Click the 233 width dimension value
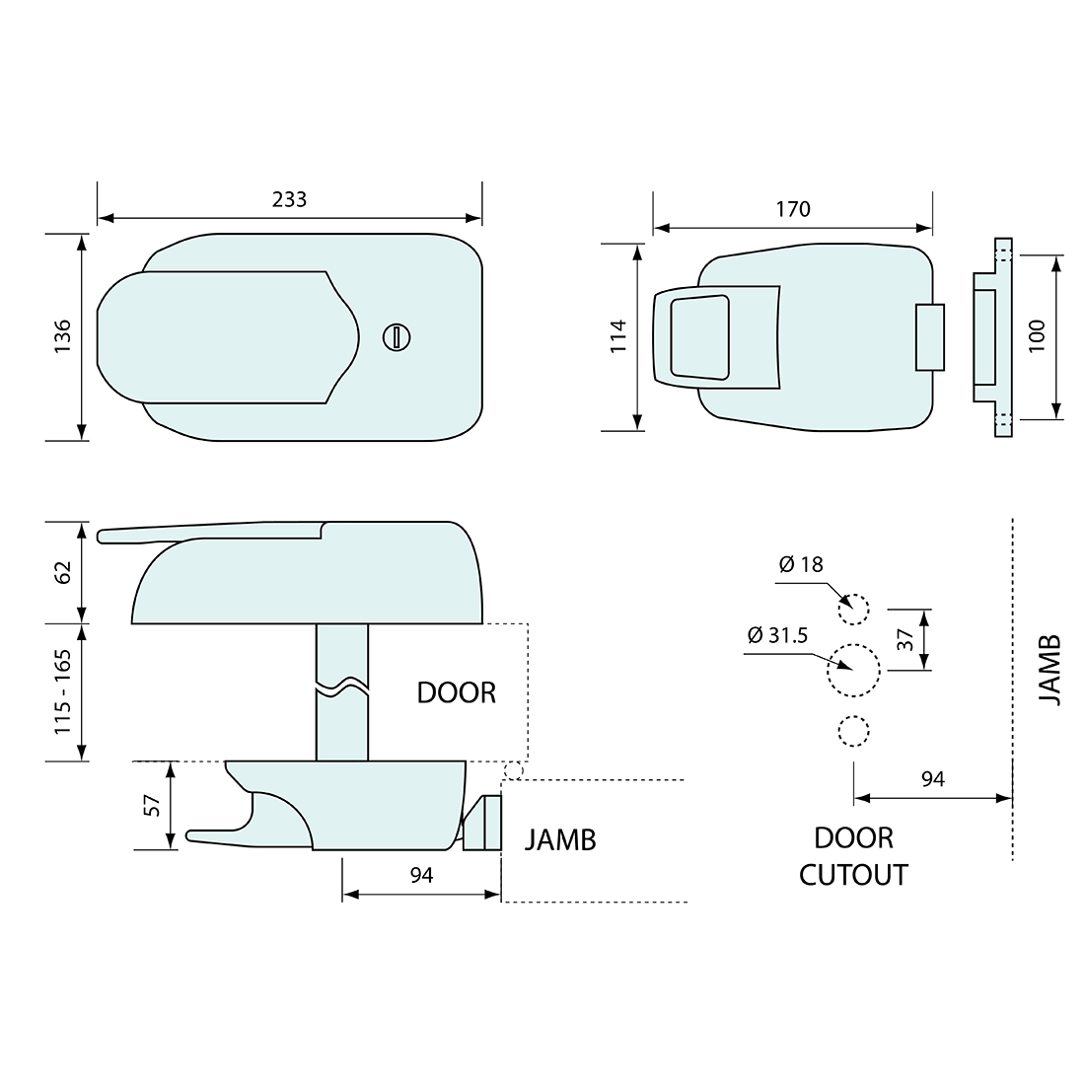(x=289, y=199)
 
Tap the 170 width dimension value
(x=793, y=209)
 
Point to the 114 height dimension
(x=619, y=337)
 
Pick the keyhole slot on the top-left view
(x=396, y=337)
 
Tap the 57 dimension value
(x=152, y=805)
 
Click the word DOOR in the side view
(x=456, y=692)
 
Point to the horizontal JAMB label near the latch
(x=560, y=839)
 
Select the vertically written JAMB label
(x=1050, y=670)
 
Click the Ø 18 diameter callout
(x=800, y=565)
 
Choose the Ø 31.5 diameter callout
(x=778, y=636)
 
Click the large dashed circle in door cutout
(x=852, y=671)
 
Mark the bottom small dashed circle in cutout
(x=853, y=731)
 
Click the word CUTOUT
(x=853, y=874)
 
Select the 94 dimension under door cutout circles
(x=932, y=779)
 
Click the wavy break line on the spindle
(x=342, y=687)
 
